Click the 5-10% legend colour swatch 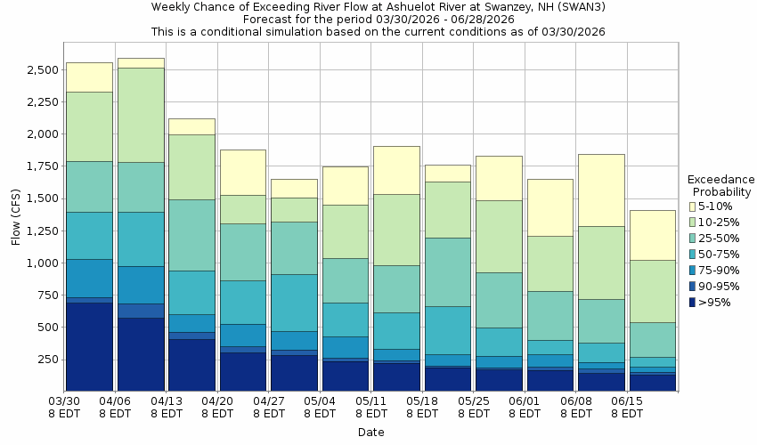pyautogui.click(x=692, y=206)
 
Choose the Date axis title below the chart pyautogui.click(x=371, y=433)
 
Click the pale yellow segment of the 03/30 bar pyautogui.click(x=89, y=77)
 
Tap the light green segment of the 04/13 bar pyautogui.click(x=191, y=166)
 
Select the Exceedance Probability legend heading pyautogui.click(x=721, y=186)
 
